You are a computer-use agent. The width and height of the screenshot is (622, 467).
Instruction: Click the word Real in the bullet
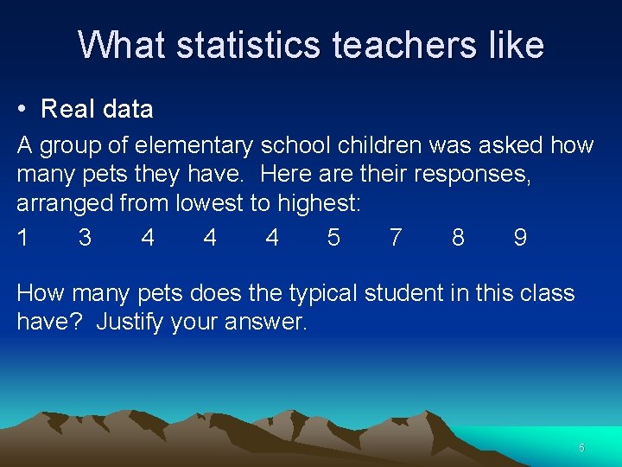[x=65, y=110]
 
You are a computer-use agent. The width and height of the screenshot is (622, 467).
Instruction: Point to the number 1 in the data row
[x=22, y=238]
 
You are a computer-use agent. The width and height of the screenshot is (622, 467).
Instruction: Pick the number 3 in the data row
[x=85, y=238]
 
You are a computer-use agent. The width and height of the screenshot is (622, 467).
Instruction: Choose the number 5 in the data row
[x=333, y=238]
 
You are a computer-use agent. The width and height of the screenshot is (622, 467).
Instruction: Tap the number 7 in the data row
[x=396, y=238]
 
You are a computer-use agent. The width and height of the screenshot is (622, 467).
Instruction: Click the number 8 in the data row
[x=458, y=238]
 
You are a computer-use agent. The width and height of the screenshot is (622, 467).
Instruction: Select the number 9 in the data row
[x=520, y=238]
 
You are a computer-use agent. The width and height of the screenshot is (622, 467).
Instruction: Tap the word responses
[x=472, y=175]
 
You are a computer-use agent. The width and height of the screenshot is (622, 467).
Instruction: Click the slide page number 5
[x=581, y=448]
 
